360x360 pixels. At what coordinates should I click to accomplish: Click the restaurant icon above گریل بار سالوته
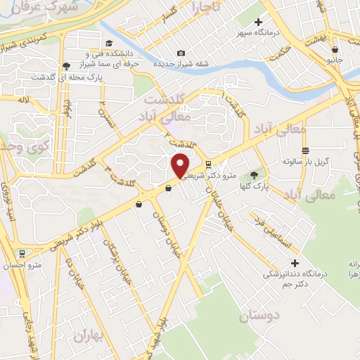tap(305, 150)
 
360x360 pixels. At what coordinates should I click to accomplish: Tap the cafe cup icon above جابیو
tap(335, 49)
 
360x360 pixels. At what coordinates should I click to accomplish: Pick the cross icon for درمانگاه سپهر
tap(260, 23)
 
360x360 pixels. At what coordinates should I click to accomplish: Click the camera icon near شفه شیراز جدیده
tap(181, 53)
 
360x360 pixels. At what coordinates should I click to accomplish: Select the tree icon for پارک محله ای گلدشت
tap(65, 65)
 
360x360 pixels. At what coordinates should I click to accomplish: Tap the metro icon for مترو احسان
tap(22, 253)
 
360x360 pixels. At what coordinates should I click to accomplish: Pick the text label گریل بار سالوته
tap(313, 161)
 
